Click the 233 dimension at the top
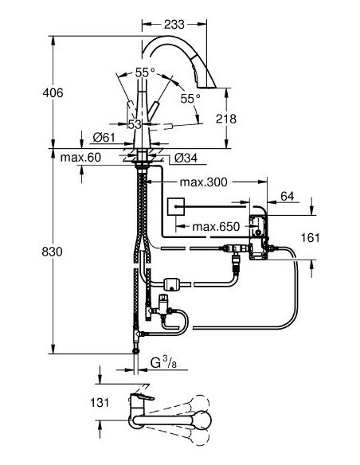(x=174, y=25)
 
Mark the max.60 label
(x=81, y=158)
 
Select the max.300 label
(x=204, y=182)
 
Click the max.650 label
(x=215, y=227)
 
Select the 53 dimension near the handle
(x=135, y=123)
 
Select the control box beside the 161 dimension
(x=258, y=232)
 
